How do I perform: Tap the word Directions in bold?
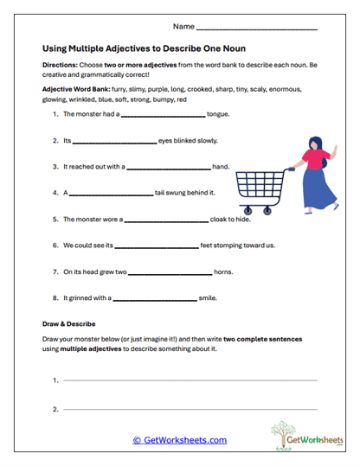click(60, 66)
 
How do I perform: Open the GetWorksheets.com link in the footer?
click(179, 440)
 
